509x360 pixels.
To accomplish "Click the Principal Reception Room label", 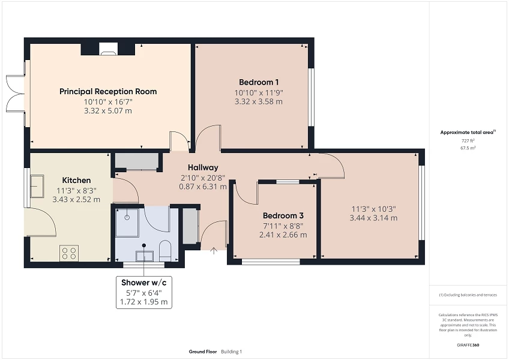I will pos(108,92).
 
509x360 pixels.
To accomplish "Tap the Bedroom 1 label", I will pos(259,82).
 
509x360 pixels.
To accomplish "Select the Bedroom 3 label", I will pos(283,215).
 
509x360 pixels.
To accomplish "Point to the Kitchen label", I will pos(77,180).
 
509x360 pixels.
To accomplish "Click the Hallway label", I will pos(203,167).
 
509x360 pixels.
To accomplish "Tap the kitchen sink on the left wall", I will pos(37,186).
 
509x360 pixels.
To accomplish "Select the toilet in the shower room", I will pos(166,251).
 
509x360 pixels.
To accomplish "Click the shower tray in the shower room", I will pos(128,220).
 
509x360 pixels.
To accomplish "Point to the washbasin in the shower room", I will pos(145,256).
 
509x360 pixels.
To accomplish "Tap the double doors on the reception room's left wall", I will pos(16,93).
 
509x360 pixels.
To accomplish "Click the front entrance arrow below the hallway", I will pos(214,251).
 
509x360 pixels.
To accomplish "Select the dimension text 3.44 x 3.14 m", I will pos(373,218).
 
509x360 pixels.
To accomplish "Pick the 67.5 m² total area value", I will pos(468,148).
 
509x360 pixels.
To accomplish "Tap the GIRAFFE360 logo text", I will pos(468,346).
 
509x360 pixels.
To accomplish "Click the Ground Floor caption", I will pos(202,352).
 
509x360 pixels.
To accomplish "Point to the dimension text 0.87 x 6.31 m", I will pos(203,186).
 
